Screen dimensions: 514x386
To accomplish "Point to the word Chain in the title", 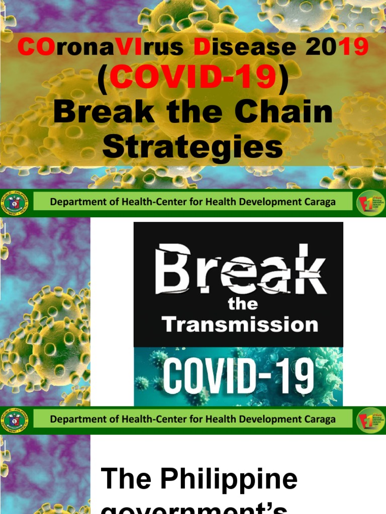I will [x=284, y=112].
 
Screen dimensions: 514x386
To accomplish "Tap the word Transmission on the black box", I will [x=239, y=324].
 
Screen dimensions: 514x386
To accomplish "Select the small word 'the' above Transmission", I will [x=242, y=304].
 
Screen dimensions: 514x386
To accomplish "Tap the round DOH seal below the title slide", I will [x=16, y=203].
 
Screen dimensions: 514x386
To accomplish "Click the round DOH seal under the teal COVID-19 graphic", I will [x=16, y=420].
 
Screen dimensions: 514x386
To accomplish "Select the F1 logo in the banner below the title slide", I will [x=368, y=203].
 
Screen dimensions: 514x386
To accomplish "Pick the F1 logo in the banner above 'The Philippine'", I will [x=368, y=420].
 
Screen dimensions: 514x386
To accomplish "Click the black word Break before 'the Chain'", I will [x=104, y=112].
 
